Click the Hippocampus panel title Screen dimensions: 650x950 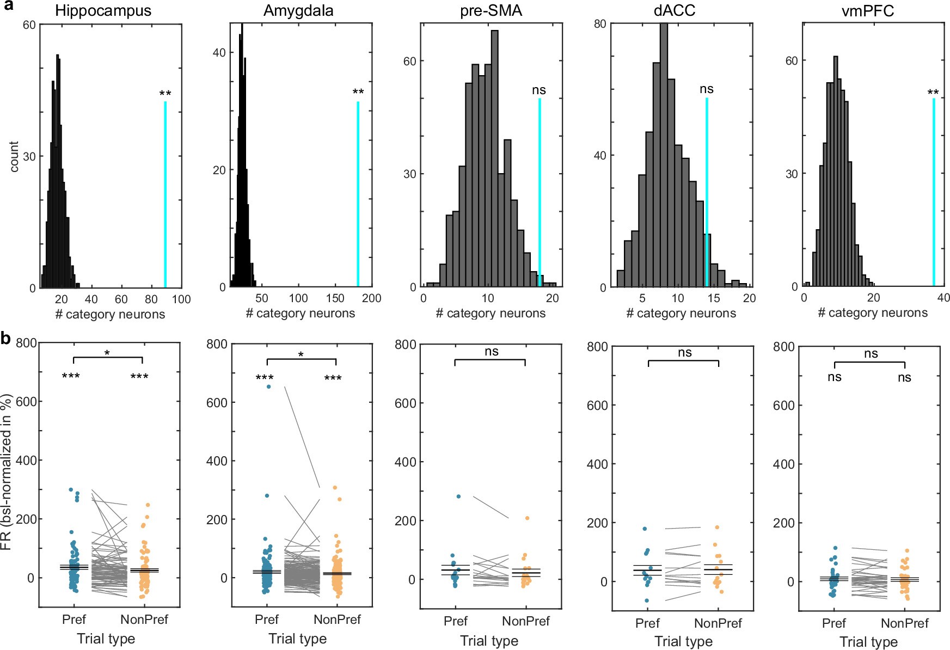pos(103,11)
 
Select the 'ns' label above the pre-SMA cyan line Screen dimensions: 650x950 pos(538,90)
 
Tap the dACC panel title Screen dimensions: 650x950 pos(674,11)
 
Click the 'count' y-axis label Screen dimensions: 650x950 pos(14,157)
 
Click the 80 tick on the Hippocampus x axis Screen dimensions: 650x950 pos(151,299)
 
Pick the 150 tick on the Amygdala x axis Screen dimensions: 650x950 pos(335,298)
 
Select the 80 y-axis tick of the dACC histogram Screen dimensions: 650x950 pos(599,24)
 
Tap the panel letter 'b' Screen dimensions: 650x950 pos(6,339)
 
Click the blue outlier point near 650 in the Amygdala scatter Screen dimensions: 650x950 pos(268,387)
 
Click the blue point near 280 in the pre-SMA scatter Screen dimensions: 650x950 pos(458,496)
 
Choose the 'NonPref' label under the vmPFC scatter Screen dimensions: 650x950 pos(904,623)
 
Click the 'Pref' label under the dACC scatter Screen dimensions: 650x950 pos(647,623)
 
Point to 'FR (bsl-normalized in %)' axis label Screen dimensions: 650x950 pos(7,474)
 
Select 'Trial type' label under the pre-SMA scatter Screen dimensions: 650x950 pos(489,641)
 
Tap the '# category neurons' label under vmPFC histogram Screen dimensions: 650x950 pos(872,313)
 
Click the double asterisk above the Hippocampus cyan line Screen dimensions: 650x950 pos(165,94)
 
